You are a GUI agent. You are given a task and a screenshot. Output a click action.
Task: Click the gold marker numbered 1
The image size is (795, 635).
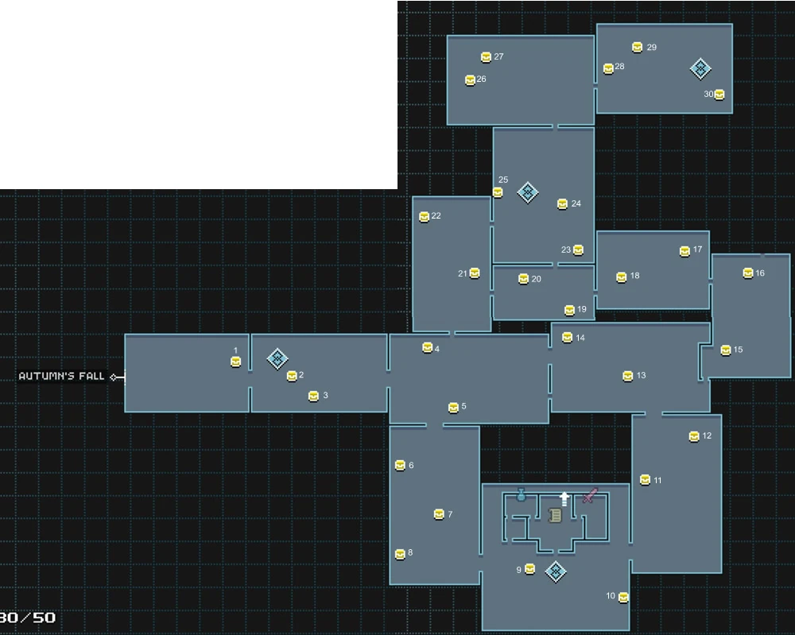point(235,362)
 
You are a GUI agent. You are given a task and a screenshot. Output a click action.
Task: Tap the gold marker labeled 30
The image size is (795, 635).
point(719,95)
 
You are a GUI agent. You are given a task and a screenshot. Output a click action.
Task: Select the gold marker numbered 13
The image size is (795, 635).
point(627,376)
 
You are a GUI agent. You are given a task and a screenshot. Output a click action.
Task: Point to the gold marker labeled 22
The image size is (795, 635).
point(424,217)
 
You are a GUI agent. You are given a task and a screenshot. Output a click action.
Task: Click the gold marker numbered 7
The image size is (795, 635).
point(438,514)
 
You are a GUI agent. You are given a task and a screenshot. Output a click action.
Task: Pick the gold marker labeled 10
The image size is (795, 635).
point(623,597)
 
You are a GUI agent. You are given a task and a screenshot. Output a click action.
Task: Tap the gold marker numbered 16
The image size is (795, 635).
point(747,273)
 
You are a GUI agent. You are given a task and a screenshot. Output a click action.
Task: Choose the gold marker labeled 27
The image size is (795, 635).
point(486,57)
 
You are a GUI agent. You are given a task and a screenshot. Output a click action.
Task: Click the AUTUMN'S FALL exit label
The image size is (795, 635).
point(61,376)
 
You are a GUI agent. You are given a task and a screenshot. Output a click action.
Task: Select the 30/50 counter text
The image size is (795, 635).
point(28,618)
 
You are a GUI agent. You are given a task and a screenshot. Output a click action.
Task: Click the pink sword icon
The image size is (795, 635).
point(589,496)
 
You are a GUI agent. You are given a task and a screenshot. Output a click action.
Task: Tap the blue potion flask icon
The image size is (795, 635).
point(521,495)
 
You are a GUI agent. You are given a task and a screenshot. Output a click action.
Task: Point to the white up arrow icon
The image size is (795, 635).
point(564,498)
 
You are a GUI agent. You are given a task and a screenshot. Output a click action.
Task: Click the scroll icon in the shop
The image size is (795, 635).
point(555,516)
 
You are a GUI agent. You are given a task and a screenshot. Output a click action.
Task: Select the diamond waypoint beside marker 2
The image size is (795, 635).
point(277,358)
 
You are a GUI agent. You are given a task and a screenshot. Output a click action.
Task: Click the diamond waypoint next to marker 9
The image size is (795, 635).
point(555,571)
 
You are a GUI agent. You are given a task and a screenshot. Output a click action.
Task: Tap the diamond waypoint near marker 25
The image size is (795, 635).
point(527,192)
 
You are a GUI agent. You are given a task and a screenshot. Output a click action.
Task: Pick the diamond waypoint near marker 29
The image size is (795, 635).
point(700,68)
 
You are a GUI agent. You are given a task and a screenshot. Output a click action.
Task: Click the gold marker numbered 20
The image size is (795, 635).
point(523,279)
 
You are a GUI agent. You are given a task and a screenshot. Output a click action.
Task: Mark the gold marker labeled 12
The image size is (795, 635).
point(694,436)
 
